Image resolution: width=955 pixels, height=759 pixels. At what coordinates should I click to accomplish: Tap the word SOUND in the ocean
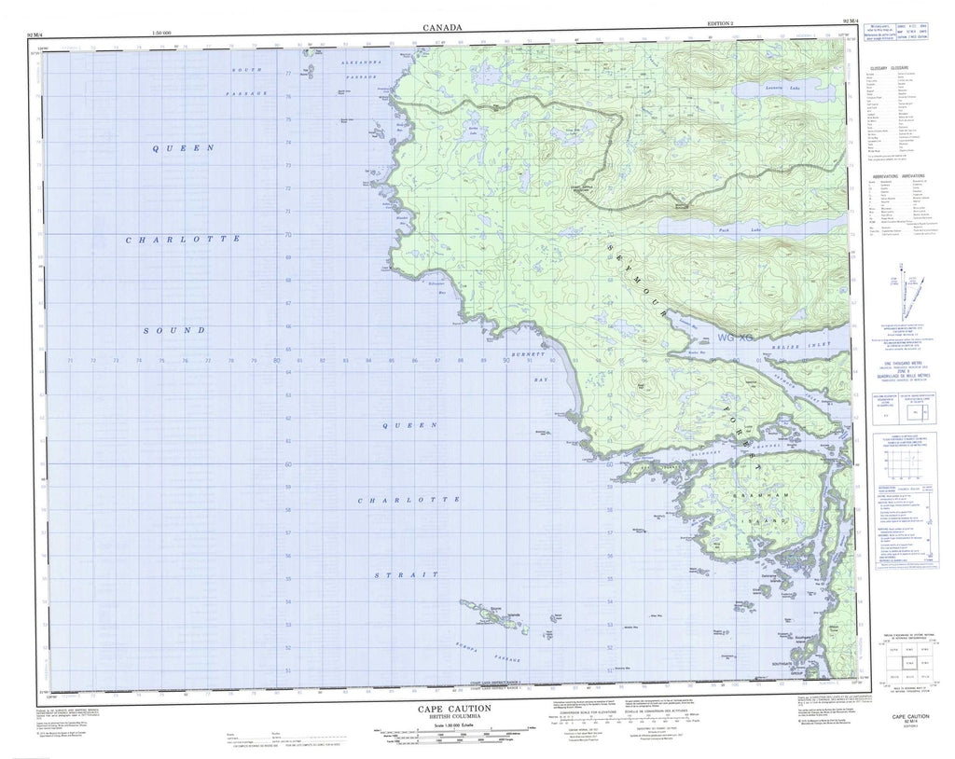click(x=174, y=330)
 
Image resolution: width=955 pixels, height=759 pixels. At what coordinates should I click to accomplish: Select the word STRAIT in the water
click(x=405, y=575)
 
